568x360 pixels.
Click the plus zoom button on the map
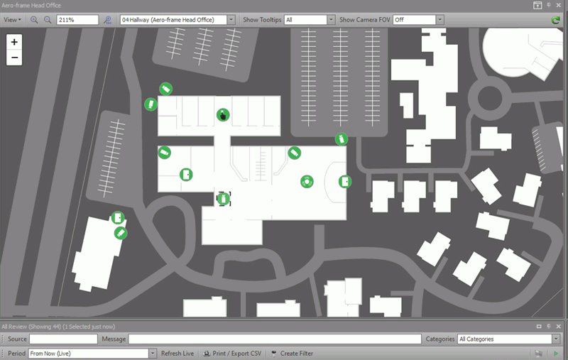pos(14,42)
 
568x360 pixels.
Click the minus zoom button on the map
pos(14,58)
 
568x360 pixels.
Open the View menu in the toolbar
pos(12,20)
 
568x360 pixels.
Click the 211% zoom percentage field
pos(77,20)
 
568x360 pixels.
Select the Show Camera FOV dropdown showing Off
pos(418,20)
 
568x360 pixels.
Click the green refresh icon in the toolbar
pos(555,20)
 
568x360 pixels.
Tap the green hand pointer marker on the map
pos(223,115)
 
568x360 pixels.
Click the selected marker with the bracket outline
pos(223,199)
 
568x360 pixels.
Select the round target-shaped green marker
pos(307,182)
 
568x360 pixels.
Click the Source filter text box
pos(63,339)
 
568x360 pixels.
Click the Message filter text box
pos(275,339)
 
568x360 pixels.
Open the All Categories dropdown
pos(508,339)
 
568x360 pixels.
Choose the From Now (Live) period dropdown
pos(92,354)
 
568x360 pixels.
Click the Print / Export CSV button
pos(232,354)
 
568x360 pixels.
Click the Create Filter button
pos(292,354)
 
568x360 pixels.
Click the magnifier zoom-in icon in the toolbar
pos(34,20)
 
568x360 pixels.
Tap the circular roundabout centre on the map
pos(490,98)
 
